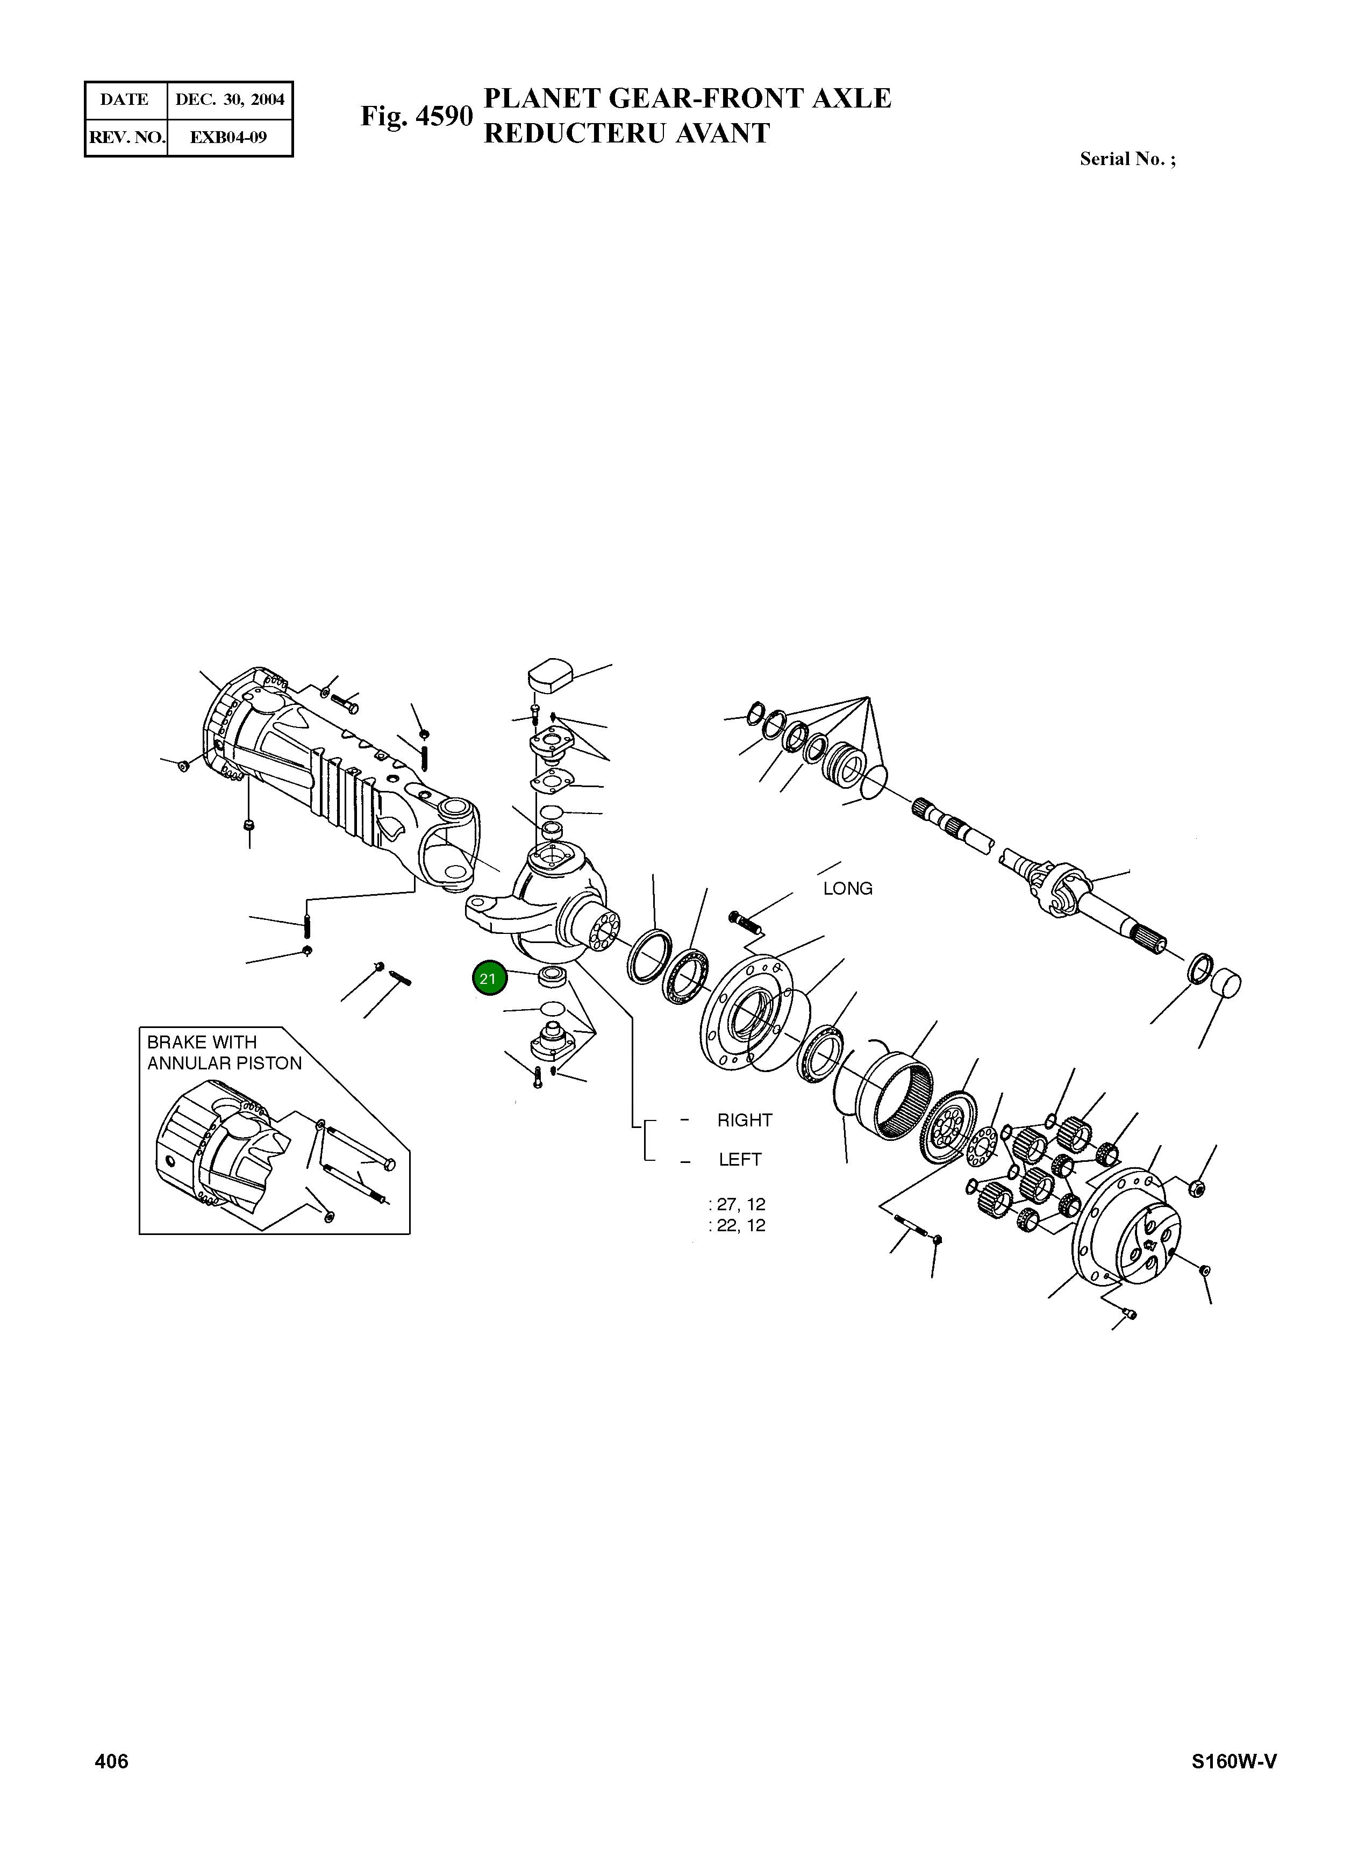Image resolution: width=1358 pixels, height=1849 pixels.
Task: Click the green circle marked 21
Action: tap(489, 979)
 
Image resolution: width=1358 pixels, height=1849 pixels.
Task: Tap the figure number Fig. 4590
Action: tap(417, 116)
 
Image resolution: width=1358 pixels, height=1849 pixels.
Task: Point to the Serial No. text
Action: tap(1127, 160)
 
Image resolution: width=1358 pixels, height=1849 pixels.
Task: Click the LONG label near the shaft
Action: tap(847, 889)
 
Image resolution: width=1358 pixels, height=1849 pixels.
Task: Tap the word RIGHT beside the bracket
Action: tap(745, 1120)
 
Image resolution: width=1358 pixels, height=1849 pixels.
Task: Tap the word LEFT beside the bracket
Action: tap(740, 1160)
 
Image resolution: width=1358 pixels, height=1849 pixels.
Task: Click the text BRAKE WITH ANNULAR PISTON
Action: tap(224, 1053)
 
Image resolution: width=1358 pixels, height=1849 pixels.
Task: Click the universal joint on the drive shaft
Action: tap(1064, 890)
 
